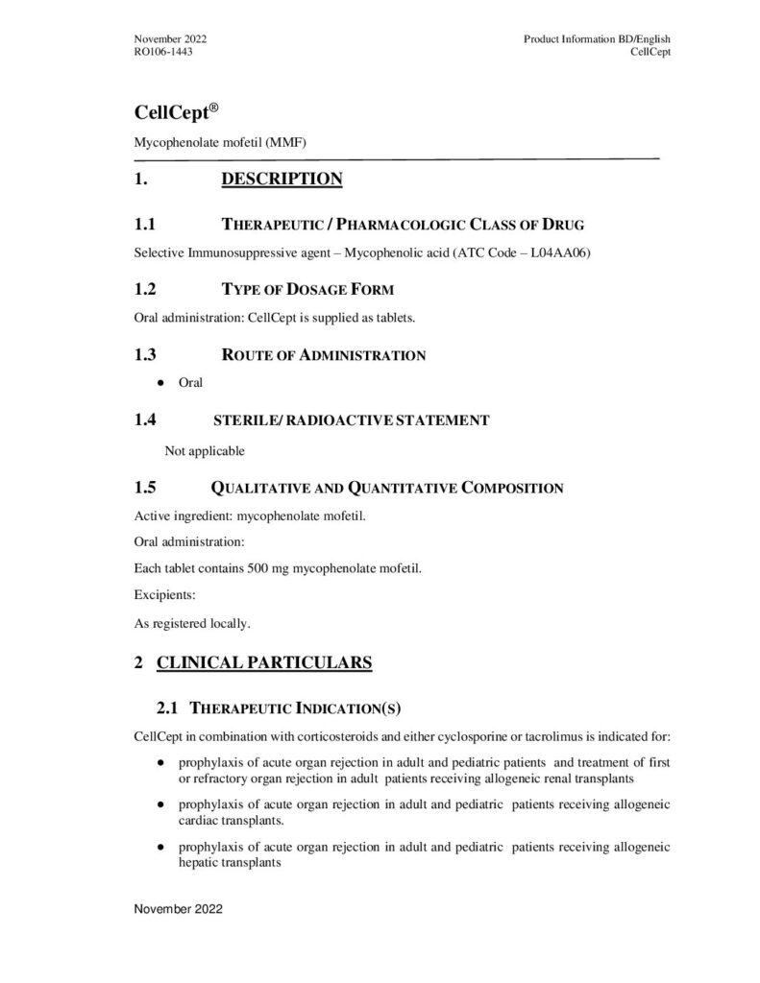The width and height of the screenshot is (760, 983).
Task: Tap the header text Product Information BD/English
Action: point(597,38)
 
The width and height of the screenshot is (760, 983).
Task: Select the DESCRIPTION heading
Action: point(282,180)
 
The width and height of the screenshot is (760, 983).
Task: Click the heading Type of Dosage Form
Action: point(307,290)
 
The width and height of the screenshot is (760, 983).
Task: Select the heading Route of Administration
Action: point(324,355)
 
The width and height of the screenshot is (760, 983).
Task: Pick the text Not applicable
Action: point(205,450)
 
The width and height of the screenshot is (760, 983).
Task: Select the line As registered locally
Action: point(192,624)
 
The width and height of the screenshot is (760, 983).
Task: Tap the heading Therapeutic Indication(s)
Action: point(296,709)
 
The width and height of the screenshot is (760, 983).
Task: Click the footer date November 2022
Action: point(178,908)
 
